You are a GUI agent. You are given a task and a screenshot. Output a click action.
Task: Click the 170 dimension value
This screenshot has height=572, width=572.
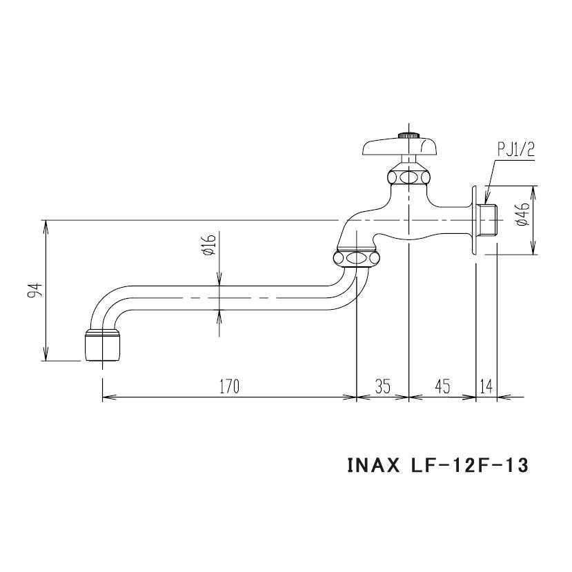tap(229, 386)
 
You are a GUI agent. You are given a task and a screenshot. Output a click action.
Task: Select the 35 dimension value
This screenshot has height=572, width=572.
tap(383, 386)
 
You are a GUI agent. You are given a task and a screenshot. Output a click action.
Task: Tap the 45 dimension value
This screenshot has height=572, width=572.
tap(442, 386)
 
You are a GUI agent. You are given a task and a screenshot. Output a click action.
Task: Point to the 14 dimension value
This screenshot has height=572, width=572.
tap(486, 386)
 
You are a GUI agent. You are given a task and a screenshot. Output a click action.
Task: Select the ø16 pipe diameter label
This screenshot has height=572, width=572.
tap(210, 244)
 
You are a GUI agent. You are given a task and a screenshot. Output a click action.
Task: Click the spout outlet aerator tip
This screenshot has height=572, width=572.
tap(102, 346)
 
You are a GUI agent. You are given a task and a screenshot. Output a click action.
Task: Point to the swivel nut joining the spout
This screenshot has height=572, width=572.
tap(356, 259)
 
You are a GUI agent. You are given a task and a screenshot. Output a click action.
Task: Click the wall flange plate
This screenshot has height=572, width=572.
tap(475, 220)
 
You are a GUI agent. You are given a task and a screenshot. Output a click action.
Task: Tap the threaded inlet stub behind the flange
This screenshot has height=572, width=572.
tap(489, 219)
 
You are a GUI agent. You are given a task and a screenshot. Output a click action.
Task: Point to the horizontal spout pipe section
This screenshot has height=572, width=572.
tap(228, 298)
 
